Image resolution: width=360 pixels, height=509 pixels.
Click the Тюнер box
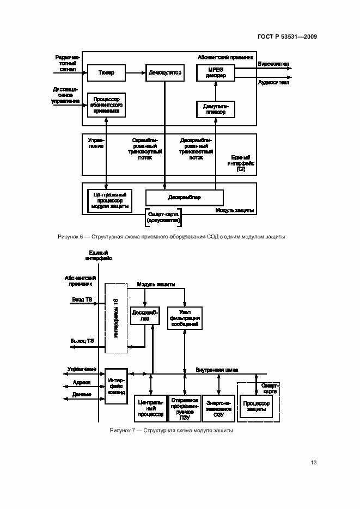point(106,72)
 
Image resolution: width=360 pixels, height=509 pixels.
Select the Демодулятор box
point(164,72)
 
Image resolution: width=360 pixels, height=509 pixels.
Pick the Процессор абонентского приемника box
point(106,105)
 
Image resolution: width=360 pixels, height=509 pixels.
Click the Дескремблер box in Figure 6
point(184,197)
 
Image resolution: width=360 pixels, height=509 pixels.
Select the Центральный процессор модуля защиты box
point(111,200)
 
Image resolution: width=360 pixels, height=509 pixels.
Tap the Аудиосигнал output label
point(273,83)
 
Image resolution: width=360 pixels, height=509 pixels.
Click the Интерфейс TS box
point(116,318)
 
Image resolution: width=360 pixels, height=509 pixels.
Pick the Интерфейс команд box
point(117,385)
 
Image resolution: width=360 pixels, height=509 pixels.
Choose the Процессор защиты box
point(255,406)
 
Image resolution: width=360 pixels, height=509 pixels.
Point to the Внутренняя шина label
point(217,370)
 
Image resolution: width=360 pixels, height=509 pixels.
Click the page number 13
point(313,463)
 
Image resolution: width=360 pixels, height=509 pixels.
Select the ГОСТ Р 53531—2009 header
point(287,36)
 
